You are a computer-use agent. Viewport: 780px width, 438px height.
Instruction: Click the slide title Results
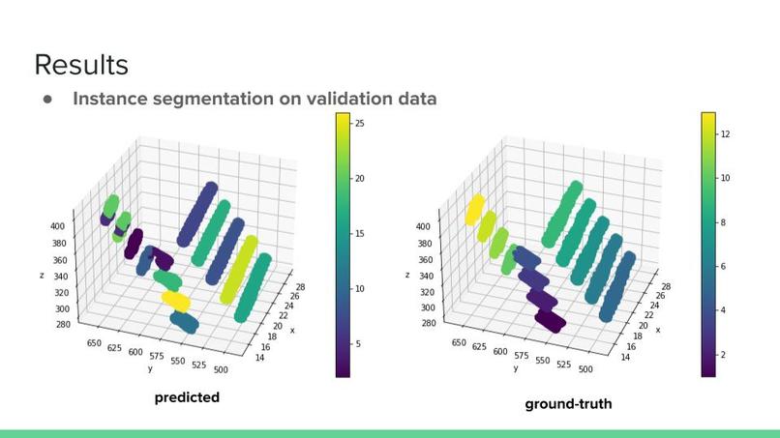click(80, 65)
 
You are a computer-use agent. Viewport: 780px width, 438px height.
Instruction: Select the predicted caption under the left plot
click(187, 397)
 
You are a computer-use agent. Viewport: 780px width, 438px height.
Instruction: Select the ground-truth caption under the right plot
click(568, 403)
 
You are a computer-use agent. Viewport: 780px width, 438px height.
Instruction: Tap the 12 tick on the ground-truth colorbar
click(726, 133)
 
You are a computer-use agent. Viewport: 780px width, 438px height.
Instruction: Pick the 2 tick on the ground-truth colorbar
click(724, 355)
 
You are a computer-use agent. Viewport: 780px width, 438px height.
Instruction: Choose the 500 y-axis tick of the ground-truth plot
click(584, 368)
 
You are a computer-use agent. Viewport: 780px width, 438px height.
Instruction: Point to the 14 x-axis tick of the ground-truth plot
click(624, 357)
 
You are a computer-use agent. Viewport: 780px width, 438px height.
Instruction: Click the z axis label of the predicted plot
click(42, 275)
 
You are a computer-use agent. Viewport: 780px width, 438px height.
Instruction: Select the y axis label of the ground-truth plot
click(515, 368)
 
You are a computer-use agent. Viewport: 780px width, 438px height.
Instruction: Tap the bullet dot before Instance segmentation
click(45, 99)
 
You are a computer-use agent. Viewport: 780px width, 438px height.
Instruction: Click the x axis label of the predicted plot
click(293, 330)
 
